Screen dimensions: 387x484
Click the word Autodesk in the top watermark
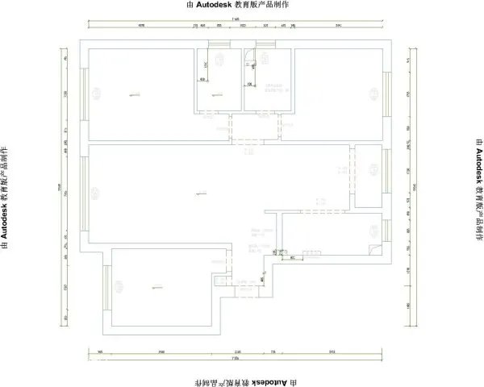[215, 5]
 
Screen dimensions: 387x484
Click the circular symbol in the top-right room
[376, 91]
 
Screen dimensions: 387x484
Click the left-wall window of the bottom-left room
[106, 286]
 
